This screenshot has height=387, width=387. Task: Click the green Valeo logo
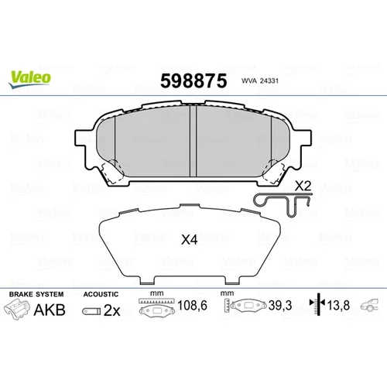(x=29, y=79)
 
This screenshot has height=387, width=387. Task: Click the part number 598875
(x=193, y=80)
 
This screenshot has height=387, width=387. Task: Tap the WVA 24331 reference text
(x=260, y=80)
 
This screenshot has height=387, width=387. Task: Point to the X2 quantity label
(x=303, y=186)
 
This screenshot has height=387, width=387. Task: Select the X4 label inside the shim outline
(x=190, y=240)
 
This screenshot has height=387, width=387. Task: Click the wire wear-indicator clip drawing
(x=283, y=204)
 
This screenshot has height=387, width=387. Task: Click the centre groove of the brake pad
(x=193, y=141)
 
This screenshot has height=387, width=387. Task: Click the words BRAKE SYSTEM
(x=36, y=294)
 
